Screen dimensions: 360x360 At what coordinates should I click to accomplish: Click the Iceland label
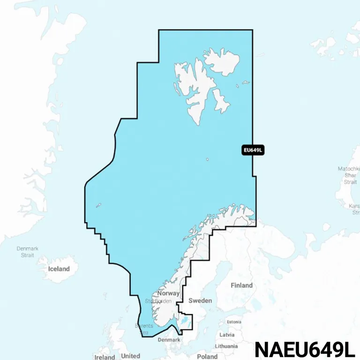tap(59, 269)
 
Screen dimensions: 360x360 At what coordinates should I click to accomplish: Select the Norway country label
tap(168, 293)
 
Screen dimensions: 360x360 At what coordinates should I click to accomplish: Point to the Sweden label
tap(200, 300)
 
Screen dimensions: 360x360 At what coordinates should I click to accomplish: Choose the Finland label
tap(241, 285)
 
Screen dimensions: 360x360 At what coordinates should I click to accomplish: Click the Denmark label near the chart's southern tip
tap(169, 340)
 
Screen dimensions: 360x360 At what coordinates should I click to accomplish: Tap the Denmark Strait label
tap(27, 252)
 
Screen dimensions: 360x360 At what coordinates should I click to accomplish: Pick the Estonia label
tap(233, 322)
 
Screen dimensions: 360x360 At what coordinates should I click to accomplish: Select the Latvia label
tap(227, 335)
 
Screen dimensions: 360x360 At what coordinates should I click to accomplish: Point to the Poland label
tap(207, 357)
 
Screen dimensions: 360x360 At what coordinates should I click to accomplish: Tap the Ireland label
tap(105, 357)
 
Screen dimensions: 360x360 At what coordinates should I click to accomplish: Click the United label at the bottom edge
tap(130, 356)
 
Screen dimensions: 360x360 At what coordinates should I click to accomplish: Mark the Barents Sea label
tap(144, 329)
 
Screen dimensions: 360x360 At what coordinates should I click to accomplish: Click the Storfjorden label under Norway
tap(158, 301)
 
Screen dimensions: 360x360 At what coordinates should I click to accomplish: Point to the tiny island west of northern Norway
tap(99, 205)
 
